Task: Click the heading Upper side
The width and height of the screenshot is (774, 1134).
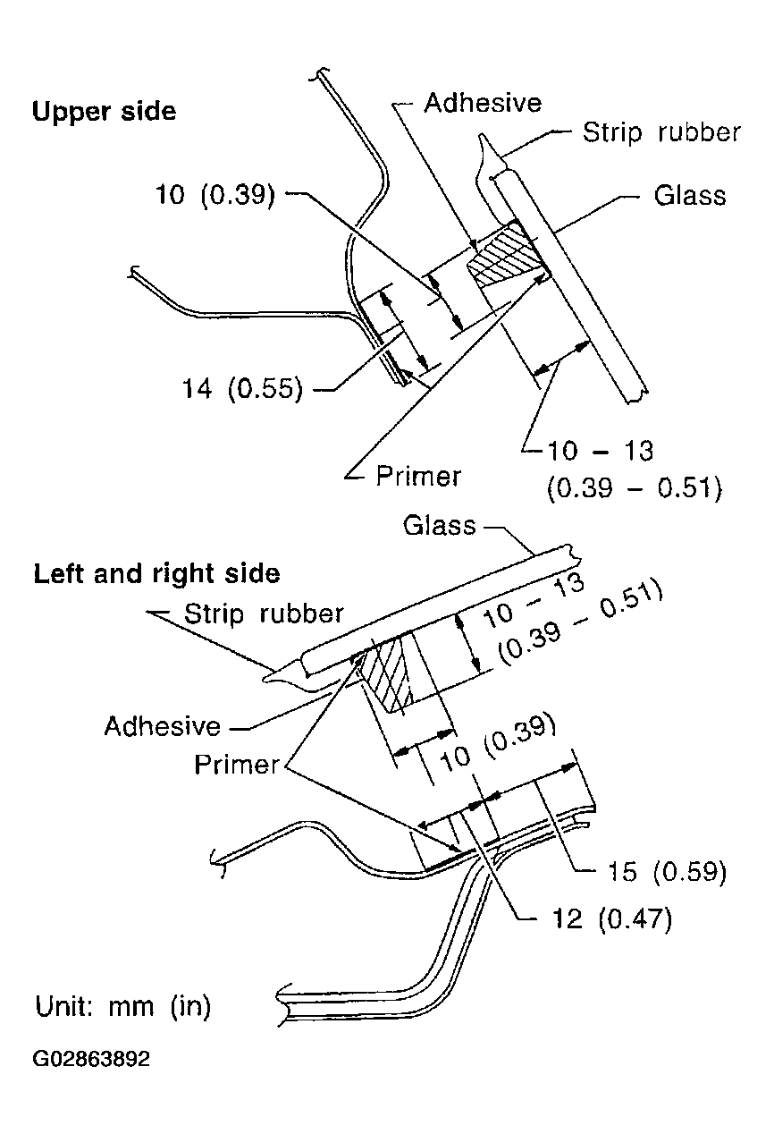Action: [104, 112]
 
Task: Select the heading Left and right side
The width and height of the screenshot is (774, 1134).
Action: [156, 573]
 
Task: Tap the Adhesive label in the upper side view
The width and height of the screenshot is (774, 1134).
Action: [483, 103]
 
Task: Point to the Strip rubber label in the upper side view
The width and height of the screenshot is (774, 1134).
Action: [661, 133]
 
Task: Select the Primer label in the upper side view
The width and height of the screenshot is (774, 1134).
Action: [418, 476]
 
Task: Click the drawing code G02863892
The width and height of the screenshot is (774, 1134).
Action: [92, 1060]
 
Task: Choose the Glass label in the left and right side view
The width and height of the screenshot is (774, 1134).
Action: [440, 525]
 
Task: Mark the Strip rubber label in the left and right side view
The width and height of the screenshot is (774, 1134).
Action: [264, 614]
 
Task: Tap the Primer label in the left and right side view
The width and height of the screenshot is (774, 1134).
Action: [237, 765]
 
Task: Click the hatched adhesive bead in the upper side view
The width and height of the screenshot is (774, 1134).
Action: [504, 254]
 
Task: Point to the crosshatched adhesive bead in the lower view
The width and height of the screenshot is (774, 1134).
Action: [391, 673]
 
